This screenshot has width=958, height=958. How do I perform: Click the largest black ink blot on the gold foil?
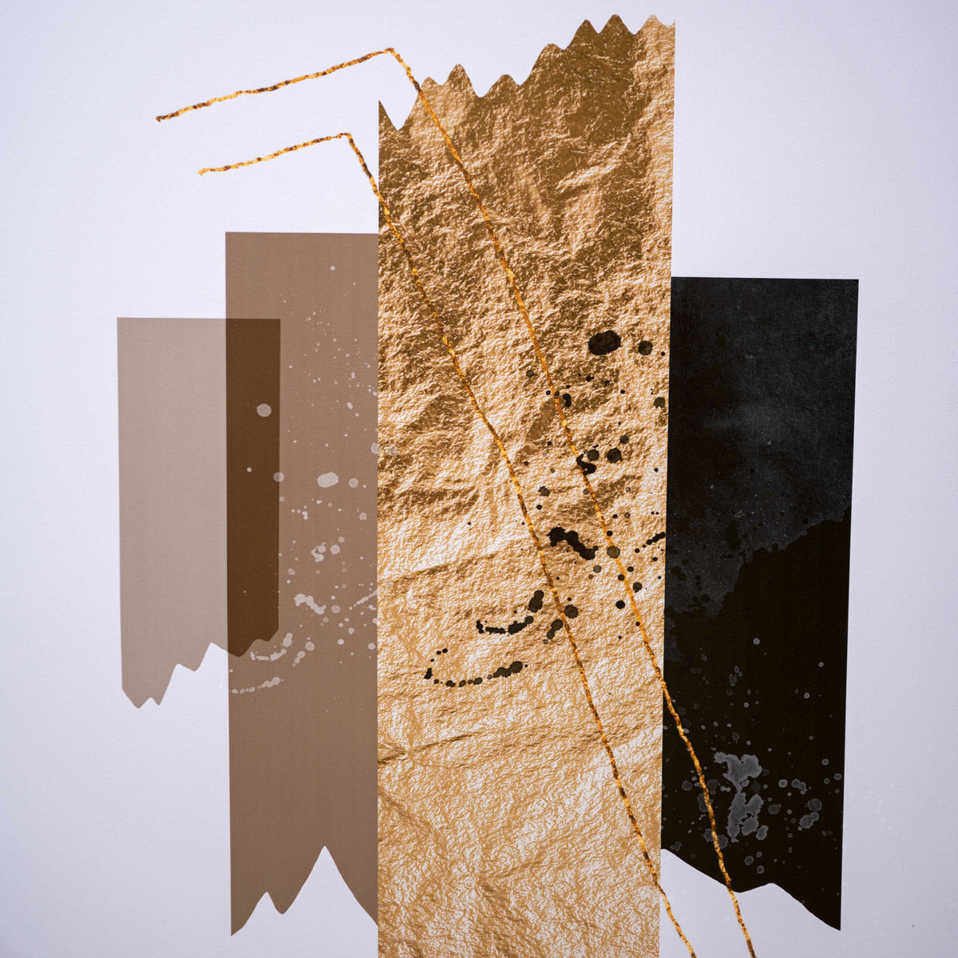[604, 342]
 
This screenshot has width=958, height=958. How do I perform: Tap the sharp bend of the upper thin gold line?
[390, 50]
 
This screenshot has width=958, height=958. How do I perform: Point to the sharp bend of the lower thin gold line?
[346, 135]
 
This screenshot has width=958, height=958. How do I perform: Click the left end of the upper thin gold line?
[159, 119]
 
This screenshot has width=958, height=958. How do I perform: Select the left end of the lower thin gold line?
[201, 171]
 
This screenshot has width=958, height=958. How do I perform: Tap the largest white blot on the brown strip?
[327, 480]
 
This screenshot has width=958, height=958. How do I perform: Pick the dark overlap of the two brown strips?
[252, 479]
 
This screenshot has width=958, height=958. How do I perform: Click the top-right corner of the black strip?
[857, 281]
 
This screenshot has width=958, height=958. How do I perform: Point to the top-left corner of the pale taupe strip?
[119, 319]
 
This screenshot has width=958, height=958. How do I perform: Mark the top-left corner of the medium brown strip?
[228, 234]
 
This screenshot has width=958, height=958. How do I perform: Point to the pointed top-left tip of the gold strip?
[381, 104]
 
